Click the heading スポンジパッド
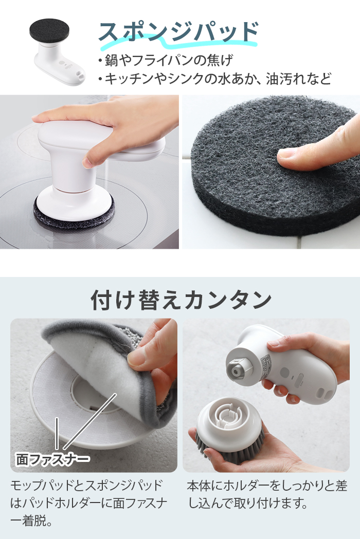177,32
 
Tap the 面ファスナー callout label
51,457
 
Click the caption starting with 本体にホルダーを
267,494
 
